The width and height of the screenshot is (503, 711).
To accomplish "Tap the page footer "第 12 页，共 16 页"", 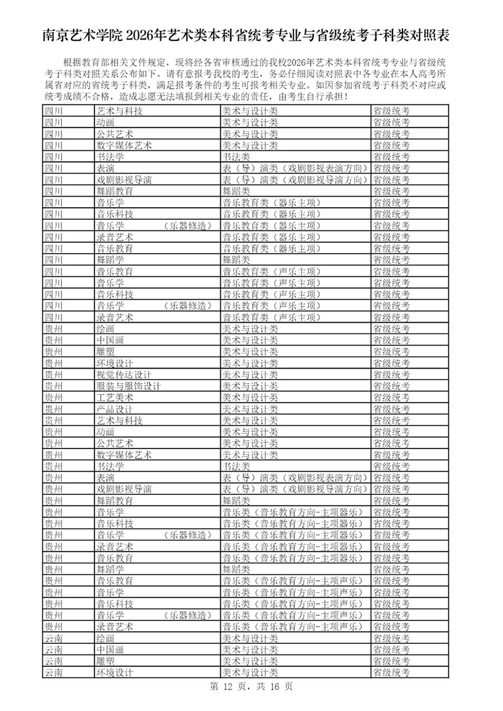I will click(x=251, y=687).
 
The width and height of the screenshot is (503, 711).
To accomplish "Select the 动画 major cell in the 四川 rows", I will click(x=105, y=122).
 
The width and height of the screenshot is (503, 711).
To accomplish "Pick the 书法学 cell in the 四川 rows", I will click(x=110, y=156).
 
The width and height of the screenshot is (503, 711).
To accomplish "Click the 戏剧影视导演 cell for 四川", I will click(x=124, y=180).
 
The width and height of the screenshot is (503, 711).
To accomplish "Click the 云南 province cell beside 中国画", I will click(x=53, y=650).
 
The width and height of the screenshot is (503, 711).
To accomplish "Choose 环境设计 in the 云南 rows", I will click(x=114, y=673).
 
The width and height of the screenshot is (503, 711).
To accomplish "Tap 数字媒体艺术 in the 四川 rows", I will click(x=124, y=145).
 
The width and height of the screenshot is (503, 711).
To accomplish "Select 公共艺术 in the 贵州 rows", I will click(x=114, y=443).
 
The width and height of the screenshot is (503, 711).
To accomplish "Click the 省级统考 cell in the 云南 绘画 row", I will click(x=391, y=638).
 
